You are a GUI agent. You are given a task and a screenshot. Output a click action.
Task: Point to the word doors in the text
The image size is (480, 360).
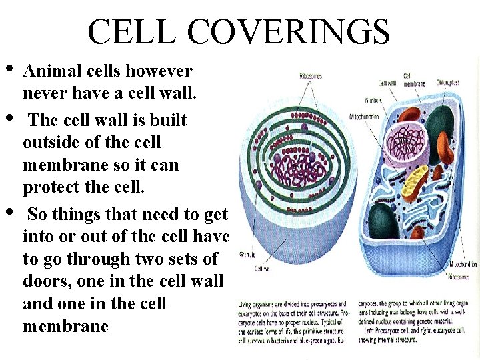[x=46, y=281]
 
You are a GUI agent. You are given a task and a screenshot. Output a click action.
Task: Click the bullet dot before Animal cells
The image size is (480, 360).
[x=10, y=69]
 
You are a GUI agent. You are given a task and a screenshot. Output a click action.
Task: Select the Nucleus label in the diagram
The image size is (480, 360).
[x=373, y=101]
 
